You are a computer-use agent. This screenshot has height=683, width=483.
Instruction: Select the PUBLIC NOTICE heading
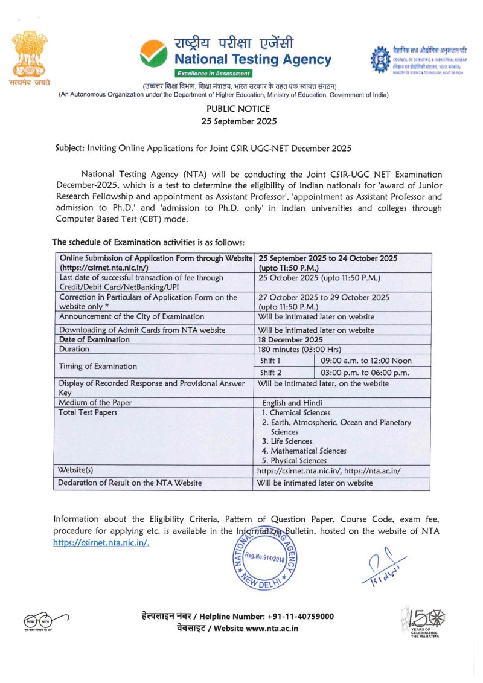(238, 109)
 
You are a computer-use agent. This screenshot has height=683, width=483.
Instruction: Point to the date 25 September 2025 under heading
(238, 121)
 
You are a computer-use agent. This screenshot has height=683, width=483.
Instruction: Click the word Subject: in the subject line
(70, 147)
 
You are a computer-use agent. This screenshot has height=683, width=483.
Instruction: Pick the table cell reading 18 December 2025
(290, 339)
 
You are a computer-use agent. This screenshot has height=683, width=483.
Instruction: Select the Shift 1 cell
(270, 361)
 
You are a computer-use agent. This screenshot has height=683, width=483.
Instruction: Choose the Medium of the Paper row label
(95, 403)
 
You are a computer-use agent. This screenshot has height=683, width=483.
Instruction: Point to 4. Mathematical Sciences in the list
(304, 451)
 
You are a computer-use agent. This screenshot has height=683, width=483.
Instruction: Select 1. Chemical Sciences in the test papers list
(296, 412)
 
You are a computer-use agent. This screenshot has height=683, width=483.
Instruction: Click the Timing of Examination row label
(98, 366)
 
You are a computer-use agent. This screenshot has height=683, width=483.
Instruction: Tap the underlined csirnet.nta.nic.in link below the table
(101, 542)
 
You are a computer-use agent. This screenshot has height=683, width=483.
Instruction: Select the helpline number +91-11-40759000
(299, 616)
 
